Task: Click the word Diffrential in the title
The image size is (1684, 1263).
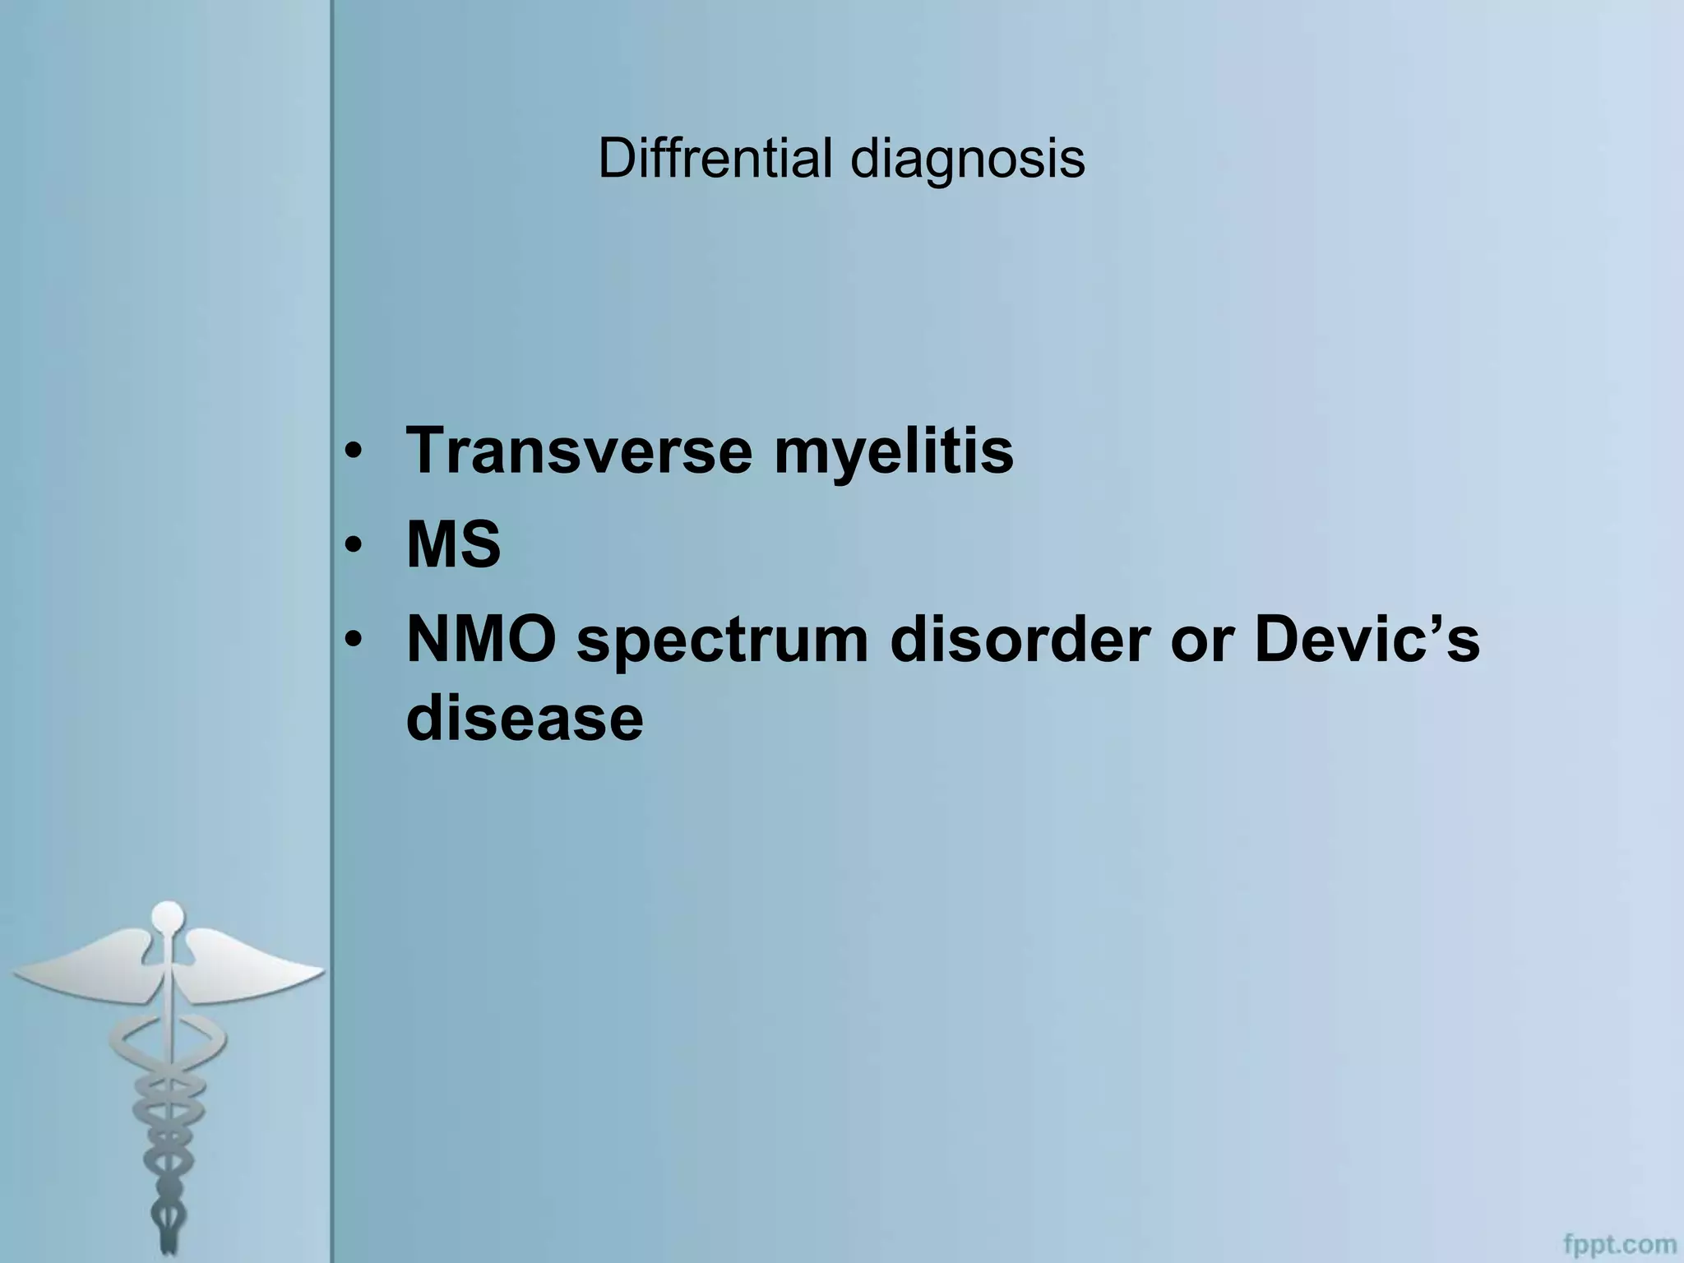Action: tap(715, 158)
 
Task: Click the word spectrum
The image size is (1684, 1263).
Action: tap(722, 643)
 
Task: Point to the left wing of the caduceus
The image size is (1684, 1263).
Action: tap(82, 970)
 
